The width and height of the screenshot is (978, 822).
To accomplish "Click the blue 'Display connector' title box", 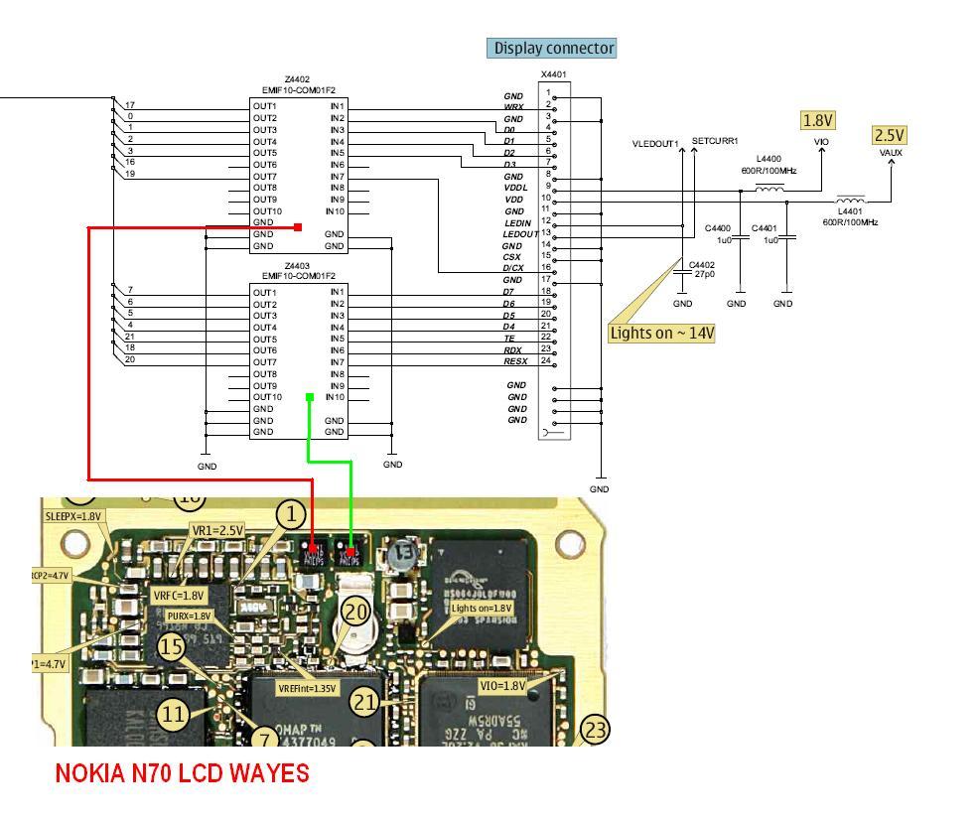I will tap(552, 48).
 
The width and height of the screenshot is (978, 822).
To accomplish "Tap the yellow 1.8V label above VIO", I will tap(817, 120).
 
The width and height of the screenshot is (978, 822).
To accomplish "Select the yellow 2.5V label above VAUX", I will tap(890, 135).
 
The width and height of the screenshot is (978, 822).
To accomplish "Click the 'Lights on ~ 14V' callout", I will tap(661, 333).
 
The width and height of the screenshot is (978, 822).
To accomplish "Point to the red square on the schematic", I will tap(298, 227).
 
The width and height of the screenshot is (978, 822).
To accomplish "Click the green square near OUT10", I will tap(311, 397).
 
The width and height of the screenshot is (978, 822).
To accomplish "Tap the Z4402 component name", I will tap(298, 79).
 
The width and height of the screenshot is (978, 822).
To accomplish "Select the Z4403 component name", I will tap(298, 266).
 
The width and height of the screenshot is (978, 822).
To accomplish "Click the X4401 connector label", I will tap(553, 74).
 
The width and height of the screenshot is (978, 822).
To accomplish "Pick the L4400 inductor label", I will tap(768, 159).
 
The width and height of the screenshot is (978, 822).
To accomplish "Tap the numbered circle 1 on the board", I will tap(291, 514).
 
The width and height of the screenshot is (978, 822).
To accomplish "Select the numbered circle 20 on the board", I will tap(355, 612).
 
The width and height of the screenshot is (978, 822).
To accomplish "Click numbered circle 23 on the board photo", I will tap(594, 731).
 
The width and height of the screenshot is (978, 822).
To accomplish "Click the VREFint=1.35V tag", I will tap(307, 688).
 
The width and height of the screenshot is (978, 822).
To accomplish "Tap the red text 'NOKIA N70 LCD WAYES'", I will tap(182, 773).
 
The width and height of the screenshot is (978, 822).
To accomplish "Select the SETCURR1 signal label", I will tap(715, 142).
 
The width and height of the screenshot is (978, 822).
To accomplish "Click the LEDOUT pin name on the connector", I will tap(520, 234).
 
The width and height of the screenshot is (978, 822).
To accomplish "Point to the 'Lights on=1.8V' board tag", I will tap(482, 608).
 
